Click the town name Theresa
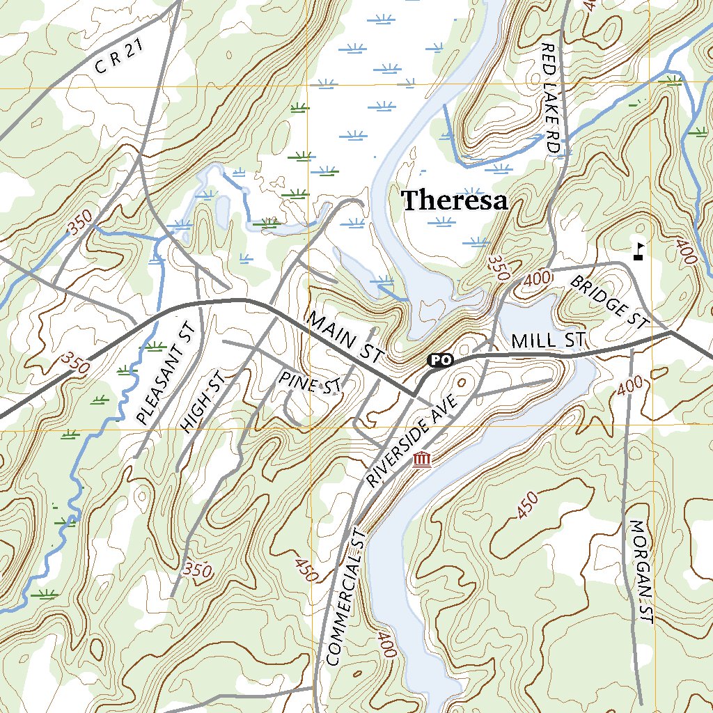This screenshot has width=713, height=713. (455, 201)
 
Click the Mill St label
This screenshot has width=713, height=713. (547, 341)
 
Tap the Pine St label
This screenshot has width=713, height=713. (311, 383)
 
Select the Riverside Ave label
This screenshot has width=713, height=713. (411, 440)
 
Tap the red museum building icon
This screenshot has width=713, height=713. (421, 459)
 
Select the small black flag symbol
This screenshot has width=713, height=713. (638, 251)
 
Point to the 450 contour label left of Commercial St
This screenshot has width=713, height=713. (306, 570)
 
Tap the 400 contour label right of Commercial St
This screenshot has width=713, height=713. (386, 644)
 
